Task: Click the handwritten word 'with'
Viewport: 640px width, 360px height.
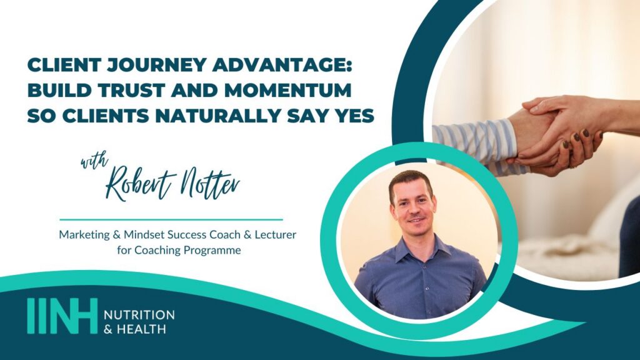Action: coord(94,161)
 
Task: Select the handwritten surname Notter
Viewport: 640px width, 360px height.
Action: coord(210,183)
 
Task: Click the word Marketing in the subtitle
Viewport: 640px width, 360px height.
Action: coord(84,235)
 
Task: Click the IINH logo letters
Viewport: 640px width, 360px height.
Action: coord(62,316)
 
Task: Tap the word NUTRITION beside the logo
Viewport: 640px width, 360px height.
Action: coord(139,315)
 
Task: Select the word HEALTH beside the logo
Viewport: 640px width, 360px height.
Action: coord(141,329)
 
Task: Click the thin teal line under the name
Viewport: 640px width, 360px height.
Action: coord(171,219)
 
